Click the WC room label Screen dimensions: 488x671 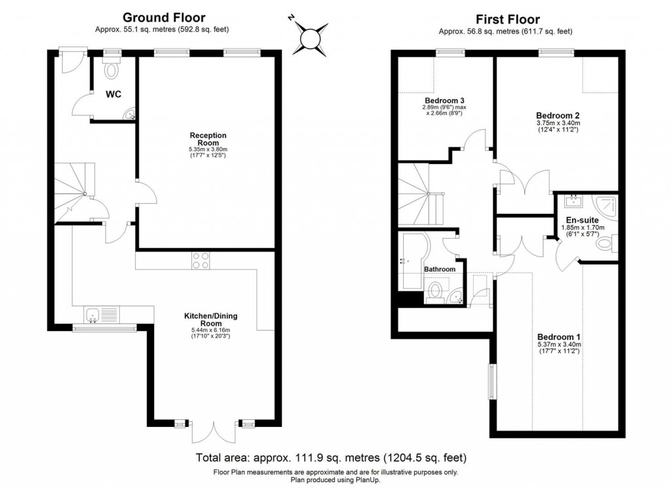point(113,94)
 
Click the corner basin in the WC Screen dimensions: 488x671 point(129,115)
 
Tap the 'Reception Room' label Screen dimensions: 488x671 point(204,139)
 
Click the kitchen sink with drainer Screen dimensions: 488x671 point(100,315)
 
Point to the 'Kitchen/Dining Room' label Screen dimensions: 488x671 point(210,320)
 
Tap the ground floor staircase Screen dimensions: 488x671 point(71,192)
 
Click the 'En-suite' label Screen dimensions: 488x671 point(580,220)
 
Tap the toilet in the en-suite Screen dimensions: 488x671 point(606,245)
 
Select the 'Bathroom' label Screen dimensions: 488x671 point(440,270)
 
